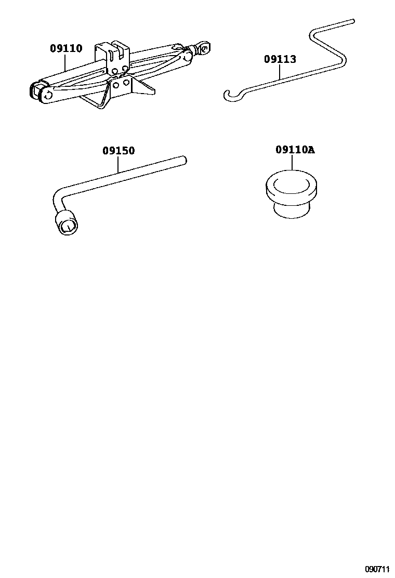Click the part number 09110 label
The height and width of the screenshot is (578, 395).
pyautogui.click(x=67, y=48)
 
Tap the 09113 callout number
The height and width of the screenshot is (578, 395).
pyautogui.click(x=280, y=59)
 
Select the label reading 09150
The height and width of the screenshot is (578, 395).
pyautogui.click(x=118, y=150)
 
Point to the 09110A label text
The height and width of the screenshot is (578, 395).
pyautogui.click(x=295, y=150)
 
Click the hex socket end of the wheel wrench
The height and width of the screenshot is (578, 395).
pyautogui.click(x=67, y=224)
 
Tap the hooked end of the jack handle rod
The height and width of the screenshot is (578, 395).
pyautogui.click(x=231, y=95)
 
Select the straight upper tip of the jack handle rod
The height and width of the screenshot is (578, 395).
pyautogui.click(x=353, y=21)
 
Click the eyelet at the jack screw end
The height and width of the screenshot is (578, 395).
pyautogui.click(x=203, y=46)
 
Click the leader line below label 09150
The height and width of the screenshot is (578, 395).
pyautogui.click(x=118, y=164)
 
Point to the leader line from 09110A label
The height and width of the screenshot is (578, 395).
pyautogui.click(x=292, y=162)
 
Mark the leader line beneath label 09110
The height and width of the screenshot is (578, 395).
pyautogui.click(x=66, y=62)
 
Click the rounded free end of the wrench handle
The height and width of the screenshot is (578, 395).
pyautogui.click(x=184, y=160)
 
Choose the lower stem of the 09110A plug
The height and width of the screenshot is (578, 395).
pyautogui.click(x=291, y=210)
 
